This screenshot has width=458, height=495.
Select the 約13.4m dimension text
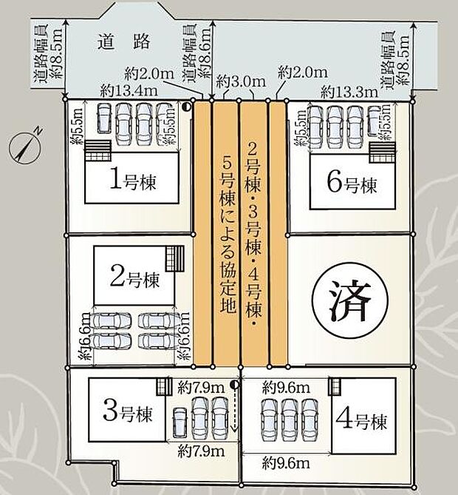tap(129, 91)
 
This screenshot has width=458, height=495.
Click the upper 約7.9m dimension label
tap(201, 386)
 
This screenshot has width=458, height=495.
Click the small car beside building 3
tap(179, 424)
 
